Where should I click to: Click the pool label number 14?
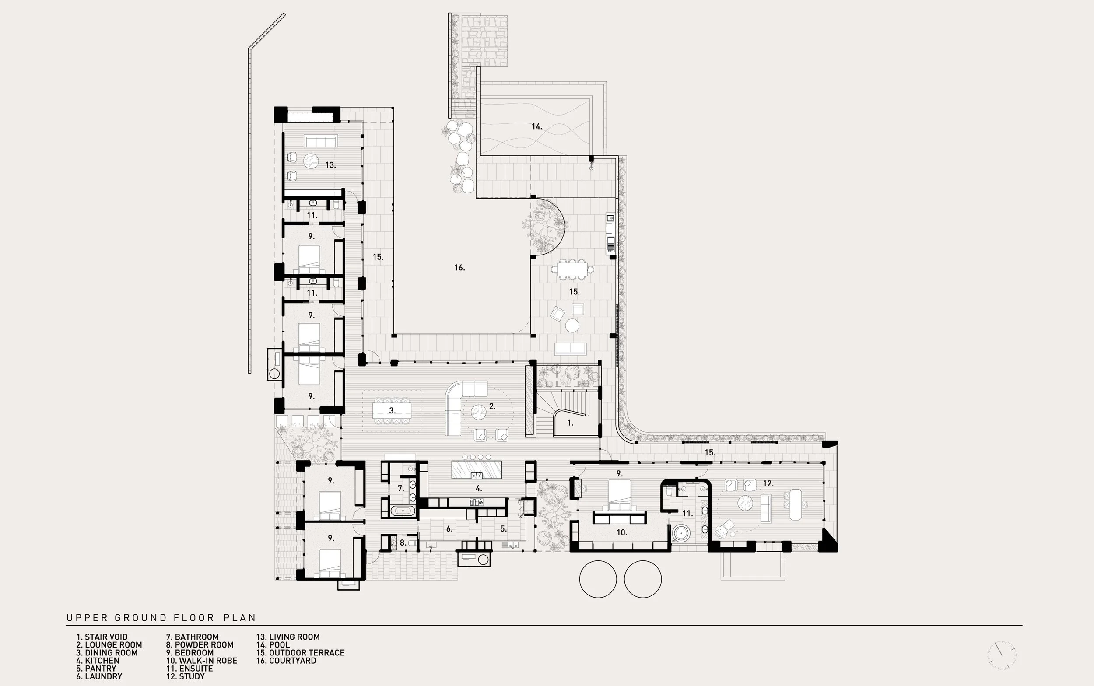pos(537,126)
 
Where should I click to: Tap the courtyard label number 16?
pos(459,268)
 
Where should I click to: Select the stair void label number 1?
pos(570,423)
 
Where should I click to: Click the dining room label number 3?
pos(393,411)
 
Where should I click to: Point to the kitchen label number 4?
pos(479,489)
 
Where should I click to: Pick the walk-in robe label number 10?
pos(622,532)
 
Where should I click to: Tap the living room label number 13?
pos(331,165)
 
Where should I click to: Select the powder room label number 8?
pos(403,542)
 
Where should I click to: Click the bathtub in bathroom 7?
pos(403,511)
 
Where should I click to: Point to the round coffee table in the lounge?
pos(479,413)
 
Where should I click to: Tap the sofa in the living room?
pos(321,142)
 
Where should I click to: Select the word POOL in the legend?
pos(279,645)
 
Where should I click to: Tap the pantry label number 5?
pos(503,528)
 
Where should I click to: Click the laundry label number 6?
pos(449,528)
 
